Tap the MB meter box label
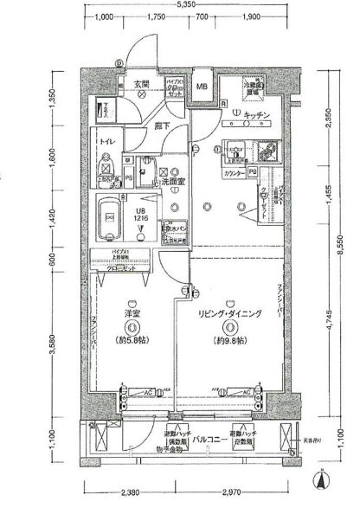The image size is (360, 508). [x=201, y=87]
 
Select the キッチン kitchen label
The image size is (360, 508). [x=259, y=115]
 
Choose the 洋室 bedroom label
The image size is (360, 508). [x=132, y=312]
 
